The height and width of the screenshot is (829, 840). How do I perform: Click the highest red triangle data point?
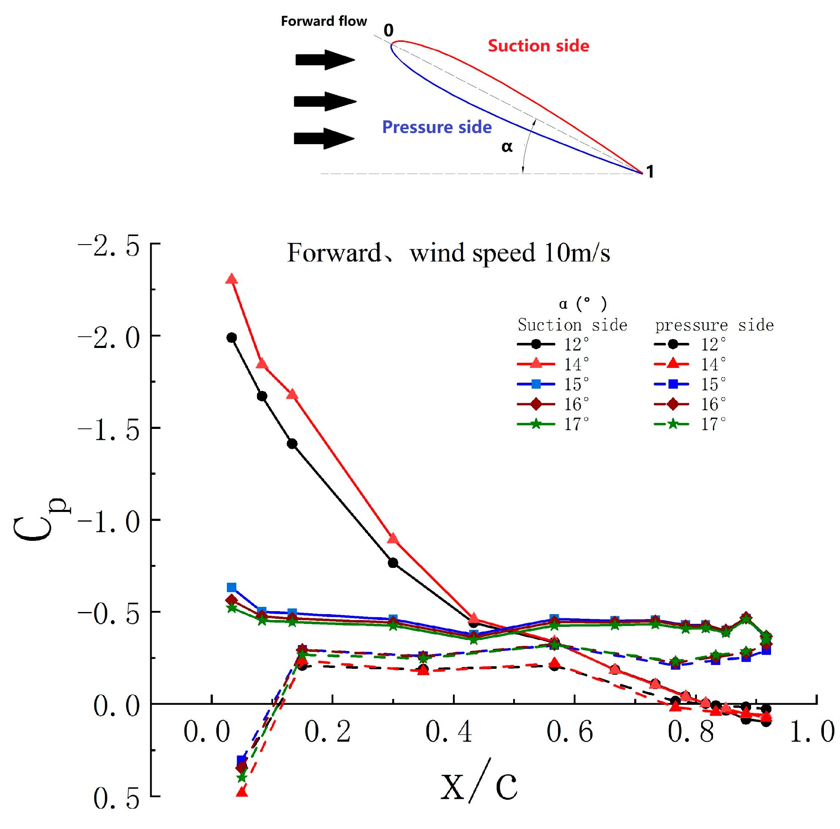pyautogui.click(x=232, y=279)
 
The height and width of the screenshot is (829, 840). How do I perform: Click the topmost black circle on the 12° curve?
pyautogui.click(x=232, y=338)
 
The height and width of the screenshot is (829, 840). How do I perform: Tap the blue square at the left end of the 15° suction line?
pyautogui.click(x=232, y=588)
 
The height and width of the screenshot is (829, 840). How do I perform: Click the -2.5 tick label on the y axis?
pyautogui.click(x=109, y=246)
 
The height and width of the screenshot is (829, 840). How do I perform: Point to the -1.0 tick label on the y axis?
pyautogui.click(x=109, y=522)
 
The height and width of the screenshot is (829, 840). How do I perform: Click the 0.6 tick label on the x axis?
pyautogui.click(x=569, y=731)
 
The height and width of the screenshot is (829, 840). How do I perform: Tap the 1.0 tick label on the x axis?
pyautogui.click(x=812, y=731)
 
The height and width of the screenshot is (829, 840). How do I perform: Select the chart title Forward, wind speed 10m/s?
pyautogui.click(x=448, y=253)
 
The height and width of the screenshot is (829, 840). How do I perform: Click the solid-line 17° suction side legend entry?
pyautogui.click(x=552, y=424)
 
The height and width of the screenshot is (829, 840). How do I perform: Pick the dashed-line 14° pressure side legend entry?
pyautogui.click(x=689, y=364)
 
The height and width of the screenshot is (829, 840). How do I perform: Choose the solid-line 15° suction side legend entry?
pyautogui.click(x=552, y=384)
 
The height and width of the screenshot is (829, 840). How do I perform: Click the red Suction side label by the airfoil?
pyautogui.click(x=538, y=46)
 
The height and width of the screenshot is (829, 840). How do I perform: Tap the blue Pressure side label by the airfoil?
pyautogui.click(x=437, y=127)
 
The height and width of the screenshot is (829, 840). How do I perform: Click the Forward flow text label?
pyautogui.click(x=323, y=21)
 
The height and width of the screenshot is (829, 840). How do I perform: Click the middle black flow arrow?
pyautogui.click(x=325, y=101)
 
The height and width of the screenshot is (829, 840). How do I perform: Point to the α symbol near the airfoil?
pyautogui.click(x=507, y=147)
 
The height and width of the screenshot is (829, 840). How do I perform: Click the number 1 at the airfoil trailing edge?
pyautogui.click(x=650, y=172)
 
